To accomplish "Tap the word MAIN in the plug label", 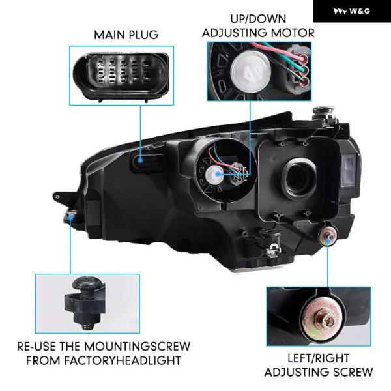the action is coord(108,35).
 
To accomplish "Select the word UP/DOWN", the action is coord(258,19).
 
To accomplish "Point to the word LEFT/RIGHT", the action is coord(319,358).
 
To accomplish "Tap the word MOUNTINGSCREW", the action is coord(137,347).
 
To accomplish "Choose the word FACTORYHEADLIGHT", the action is coord(123,361).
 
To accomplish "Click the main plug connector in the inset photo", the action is coord(121,76).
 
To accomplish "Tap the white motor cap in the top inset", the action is coord(250,71).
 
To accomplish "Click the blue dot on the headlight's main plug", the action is coord(140,160).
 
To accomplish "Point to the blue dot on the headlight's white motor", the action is coord(218,174).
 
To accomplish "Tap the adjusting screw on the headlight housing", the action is coord(328,235).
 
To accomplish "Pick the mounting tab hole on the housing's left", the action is coord(58,197).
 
